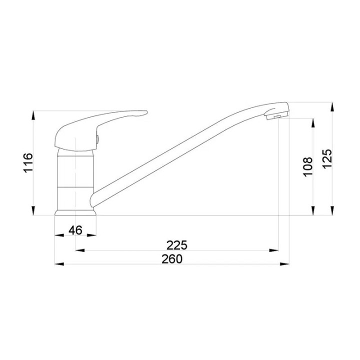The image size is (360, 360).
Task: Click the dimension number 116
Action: [28, 163]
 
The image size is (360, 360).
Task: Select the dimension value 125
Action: [327, 159]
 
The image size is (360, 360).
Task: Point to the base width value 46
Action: [75, 230]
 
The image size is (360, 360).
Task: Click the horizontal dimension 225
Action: [177, 245]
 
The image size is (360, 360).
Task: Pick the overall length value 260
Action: [172, 259]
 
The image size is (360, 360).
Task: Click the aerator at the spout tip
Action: [277, 115]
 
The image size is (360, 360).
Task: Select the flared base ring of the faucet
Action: [75, 212]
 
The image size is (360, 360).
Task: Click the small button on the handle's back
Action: [98, 139]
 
